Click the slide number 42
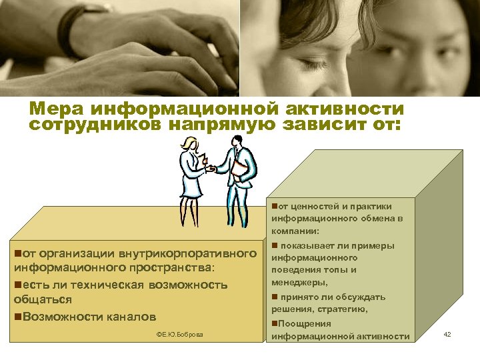(447, 334)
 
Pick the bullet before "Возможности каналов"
(18, 316)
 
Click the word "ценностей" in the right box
(315, 206)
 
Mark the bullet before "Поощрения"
(275, 323)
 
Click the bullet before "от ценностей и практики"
(275, 206)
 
